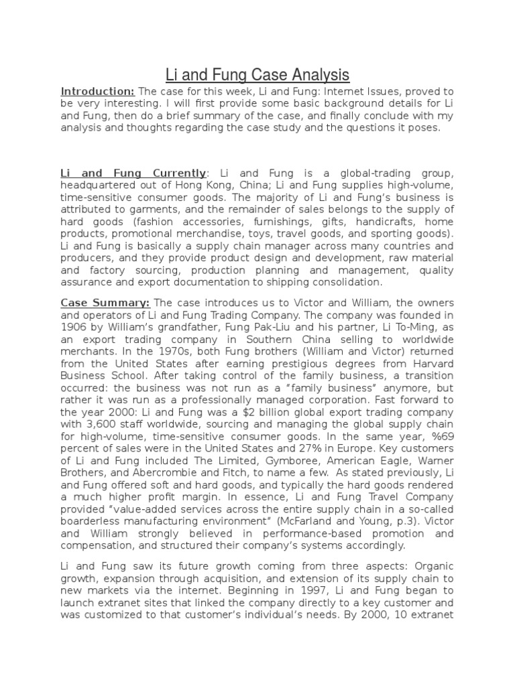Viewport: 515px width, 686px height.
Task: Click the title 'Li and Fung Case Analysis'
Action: (257, 73)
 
